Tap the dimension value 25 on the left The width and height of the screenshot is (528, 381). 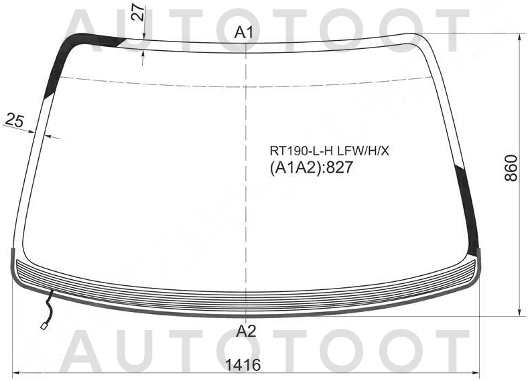point(14,121)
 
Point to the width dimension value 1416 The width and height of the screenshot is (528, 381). point(243,365)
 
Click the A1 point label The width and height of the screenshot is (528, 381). point(243,32)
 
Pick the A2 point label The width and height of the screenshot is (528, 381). point(246,330)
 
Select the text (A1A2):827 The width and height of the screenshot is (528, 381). point(311,168)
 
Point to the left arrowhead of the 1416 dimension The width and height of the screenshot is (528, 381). point(17,373)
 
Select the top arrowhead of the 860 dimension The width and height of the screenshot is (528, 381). point(519,37)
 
